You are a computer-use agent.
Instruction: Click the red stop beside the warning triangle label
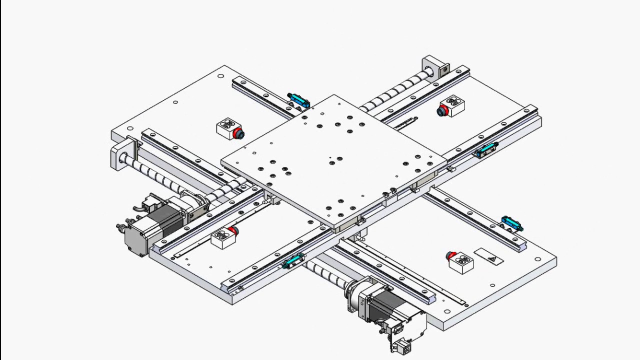pos(452,256)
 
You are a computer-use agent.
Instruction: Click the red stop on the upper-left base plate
pos(238,133)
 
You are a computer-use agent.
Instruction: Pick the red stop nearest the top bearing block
pos(442,111)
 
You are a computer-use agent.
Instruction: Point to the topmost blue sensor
pos(298,99)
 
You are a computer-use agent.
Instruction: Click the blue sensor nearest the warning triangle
pos(511,223)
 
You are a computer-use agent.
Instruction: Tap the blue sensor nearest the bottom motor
pos(293,261)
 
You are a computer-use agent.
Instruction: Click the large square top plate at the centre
pos(334,160)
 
